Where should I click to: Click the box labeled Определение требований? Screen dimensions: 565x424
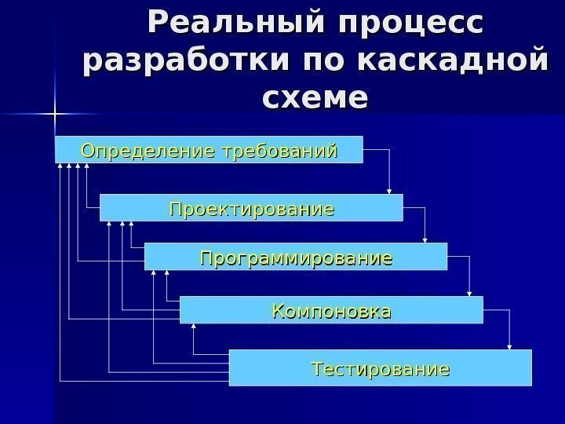(209, 149)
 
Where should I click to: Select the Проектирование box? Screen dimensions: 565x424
(251, 209)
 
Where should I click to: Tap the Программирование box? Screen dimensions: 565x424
(296, 257)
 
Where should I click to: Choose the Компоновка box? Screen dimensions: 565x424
(331, 310)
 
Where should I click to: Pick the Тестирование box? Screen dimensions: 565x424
(380, 367)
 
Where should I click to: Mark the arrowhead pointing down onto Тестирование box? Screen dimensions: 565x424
(510, 346)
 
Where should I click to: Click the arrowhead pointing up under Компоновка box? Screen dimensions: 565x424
(191, 327)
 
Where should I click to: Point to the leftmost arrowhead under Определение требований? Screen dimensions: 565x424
(61, 166)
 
